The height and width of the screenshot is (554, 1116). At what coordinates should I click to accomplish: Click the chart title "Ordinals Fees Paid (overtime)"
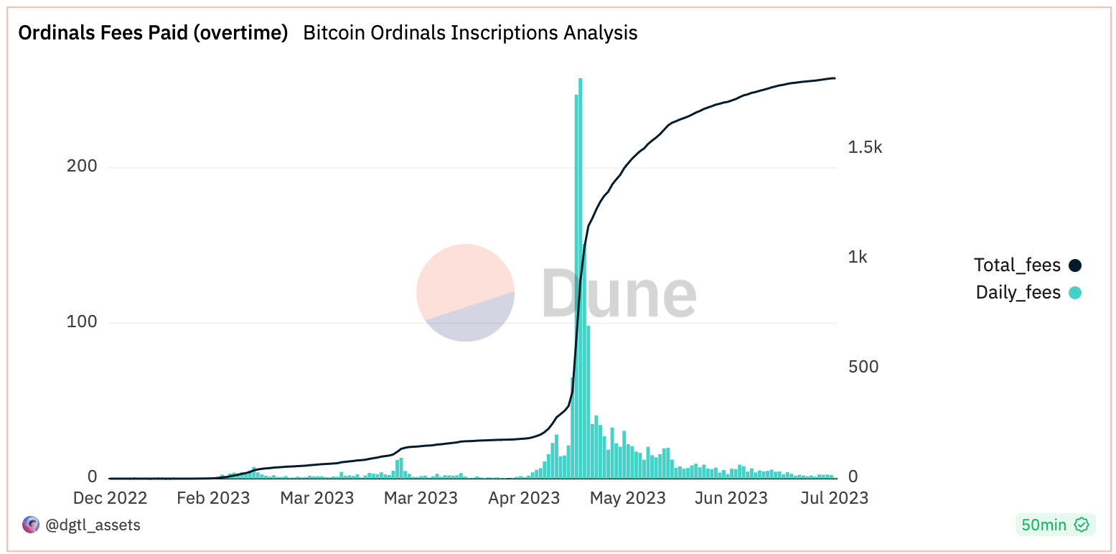pyautogui.click(x=153, y=33)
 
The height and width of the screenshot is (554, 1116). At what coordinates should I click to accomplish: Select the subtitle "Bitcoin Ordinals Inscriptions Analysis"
pyautogui.click(x=470, y=33)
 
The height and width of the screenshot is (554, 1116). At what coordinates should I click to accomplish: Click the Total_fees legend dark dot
pyautogui.click(x=1074, y=266)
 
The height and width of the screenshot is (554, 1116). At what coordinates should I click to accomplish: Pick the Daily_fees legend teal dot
pyautogui.click(x=1074, y=293)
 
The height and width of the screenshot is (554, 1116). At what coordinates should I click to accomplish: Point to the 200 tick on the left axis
pyautogui.click(x=82, y=166)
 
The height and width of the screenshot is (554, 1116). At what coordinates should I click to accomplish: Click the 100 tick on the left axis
pyautogui.click(x=82, y=321)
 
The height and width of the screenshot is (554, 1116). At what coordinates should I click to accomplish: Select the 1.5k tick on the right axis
pyautogui.click(x=865, y=147)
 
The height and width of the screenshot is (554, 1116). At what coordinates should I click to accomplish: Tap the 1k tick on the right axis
pyautogui.click(x=858, y=257)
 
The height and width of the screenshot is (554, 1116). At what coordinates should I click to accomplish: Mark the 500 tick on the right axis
pyautogui.click(x=863, y=367)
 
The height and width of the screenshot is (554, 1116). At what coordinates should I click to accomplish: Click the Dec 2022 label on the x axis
pyautogui.click(x=111, y=498)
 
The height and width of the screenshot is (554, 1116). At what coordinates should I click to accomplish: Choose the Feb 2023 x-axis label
pyautogui.click(x=213, y=498)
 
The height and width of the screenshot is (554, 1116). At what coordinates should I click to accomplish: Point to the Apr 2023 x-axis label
pyautogui.click(x=523, y=498)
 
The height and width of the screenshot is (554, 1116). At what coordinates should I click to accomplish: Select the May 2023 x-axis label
pyautogui.click(x=628, y=498)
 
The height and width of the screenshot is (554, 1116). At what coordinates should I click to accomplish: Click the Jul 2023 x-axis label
pyautogui.click(x=833, y=498)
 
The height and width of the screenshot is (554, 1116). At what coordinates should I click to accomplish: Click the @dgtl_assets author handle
pyautogui.click(x=93, y=525)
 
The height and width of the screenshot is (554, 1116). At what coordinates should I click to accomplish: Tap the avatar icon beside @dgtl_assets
pyautogui.click(x=31, y=525)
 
